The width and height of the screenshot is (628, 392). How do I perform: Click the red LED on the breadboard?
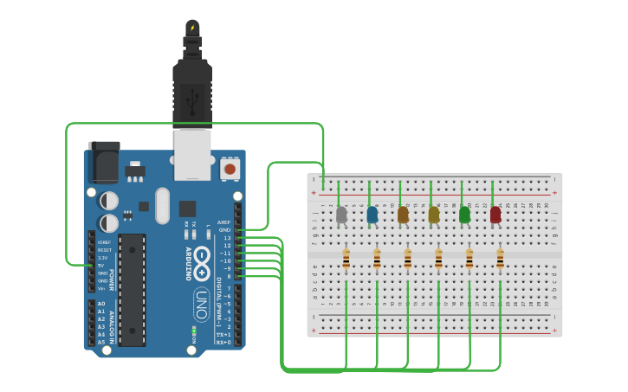click(x=495, y=214)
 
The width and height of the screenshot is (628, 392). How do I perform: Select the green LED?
click(x=464, y=214)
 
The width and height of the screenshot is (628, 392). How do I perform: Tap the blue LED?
click(x=372, y=214)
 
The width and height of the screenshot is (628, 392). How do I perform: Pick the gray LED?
click(x=341, y=214)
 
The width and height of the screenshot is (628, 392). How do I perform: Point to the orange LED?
click(x=403, y=214)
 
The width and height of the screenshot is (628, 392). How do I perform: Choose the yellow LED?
click(x=434, y=214)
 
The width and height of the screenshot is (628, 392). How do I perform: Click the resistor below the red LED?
click(x=500, y=259)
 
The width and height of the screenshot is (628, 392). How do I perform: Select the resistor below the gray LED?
click(x=346, y=259)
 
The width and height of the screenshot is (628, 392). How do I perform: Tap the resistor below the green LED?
click(x=469, y=259)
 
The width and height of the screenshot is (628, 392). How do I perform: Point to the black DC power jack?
click(x=103, y=162)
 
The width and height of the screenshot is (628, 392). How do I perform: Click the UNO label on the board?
click(x=200, y=304)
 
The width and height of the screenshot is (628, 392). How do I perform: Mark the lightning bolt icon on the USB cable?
click(x=192, y=29)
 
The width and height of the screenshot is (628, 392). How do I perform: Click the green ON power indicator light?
click(x=194, y=330)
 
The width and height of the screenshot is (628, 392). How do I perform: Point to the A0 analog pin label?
click(x=101, y=304)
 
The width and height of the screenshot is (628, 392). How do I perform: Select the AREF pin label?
click(x=224, y=222)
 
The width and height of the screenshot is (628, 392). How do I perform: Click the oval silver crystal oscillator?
click(x=163, y=205)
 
